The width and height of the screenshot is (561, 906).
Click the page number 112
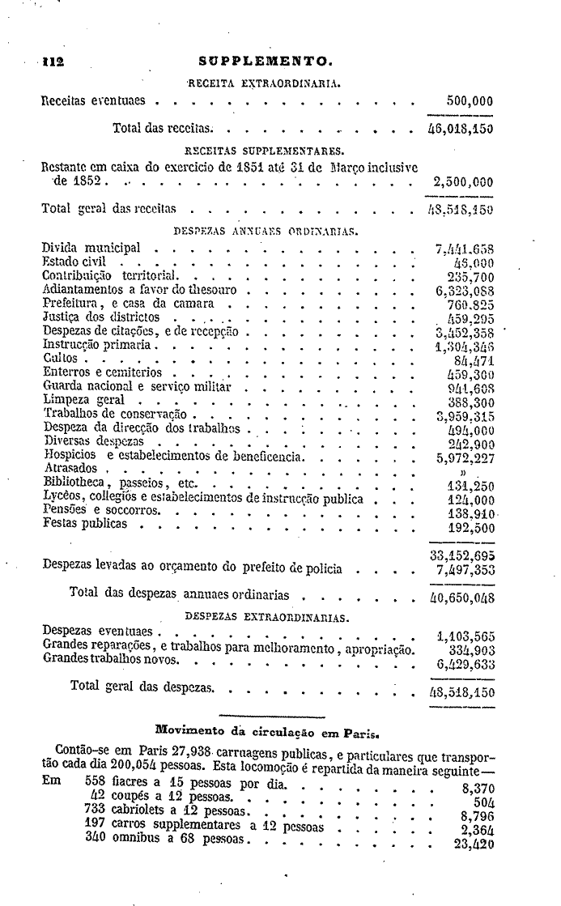tap(53, 60)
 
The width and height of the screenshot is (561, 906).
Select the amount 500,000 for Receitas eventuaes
tap(470, 102)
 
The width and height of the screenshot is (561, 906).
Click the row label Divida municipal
tap(91, 248)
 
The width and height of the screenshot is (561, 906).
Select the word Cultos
tap(61, 359)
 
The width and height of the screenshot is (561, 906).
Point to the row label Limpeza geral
tap(83, 400)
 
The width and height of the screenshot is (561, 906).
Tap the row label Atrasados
tap(70, 469)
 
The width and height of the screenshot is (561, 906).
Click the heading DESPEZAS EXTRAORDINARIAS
tap(266, 617)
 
